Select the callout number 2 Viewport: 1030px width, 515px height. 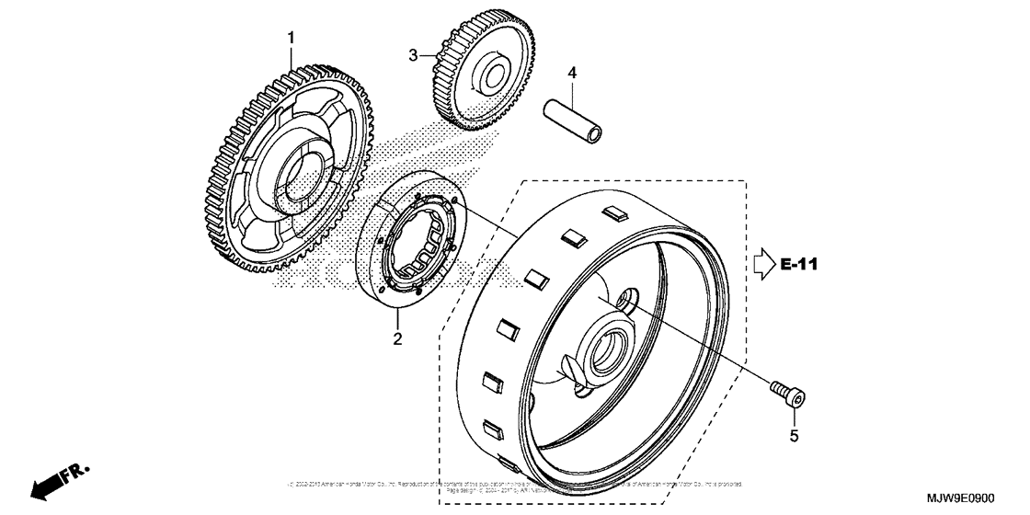point(398,339)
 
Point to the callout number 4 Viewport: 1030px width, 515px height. point(571,72)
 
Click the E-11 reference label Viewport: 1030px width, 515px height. point(799,265)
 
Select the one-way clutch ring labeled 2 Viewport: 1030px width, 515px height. point(413,249)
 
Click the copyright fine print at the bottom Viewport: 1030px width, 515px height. point(515,486)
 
